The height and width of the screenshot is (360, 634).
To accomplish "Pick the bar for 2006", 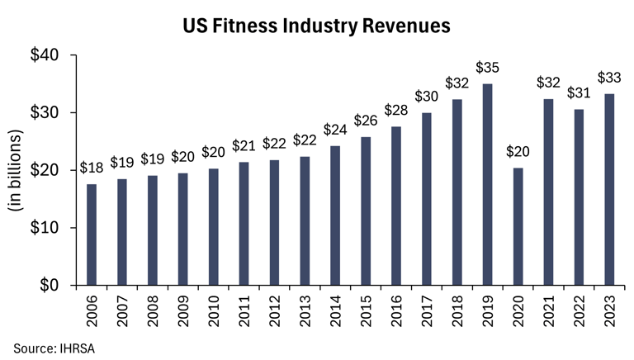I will (92, 234).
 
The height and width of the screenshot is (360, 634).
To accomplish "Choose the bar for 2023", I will (608, 189).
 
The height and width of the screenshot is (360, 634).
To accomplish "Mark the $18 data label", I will (92, 169).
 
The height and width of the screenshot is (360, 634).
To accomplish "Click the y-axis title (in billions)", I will (16, 170).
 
